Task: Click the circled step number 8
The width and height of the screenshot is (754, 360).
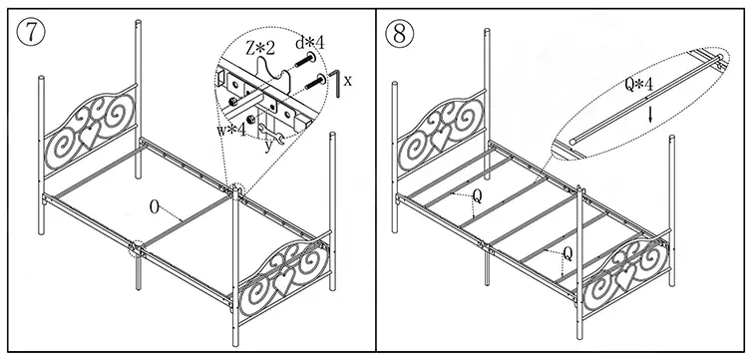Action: [400, 32]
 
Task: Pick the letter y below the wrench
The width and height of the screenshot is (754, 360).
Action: [266, 143]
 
